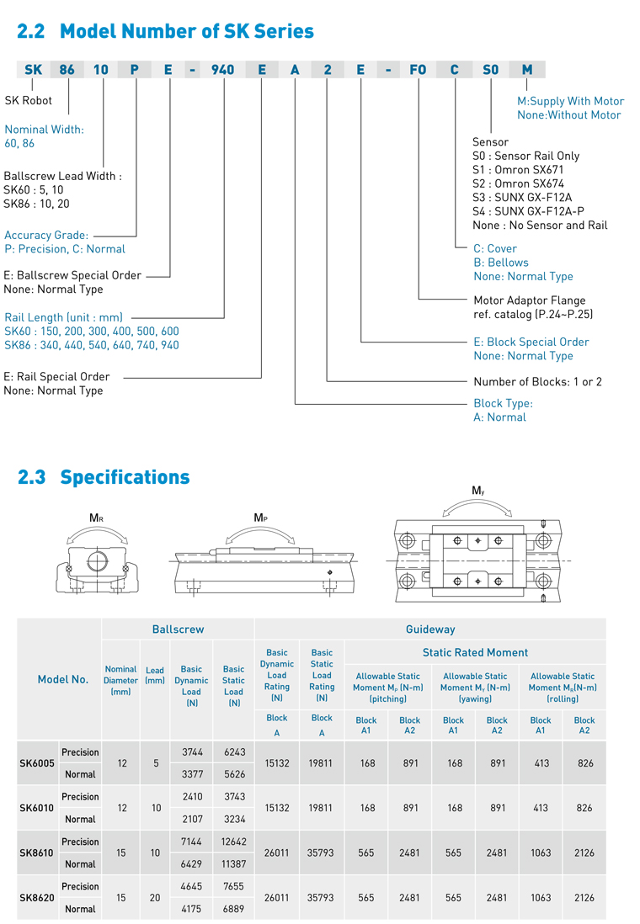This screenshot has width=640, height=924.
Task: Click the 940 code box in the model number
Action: click(223, 70)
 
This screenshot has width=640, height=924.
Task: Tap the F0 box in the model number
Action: click(418, 70)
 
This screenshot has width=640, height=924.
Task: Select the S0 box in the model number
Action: click(490, 70)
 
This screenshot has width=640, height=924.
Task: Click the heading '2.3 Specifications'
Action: click(104, 477)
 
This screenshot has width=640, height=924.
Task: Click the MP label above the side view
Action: click(261, 518)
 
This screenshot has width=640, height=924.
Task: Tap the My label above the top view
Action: click(477, 490)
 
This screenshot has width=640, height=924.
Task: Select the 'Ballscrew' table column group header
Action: click(178, 629)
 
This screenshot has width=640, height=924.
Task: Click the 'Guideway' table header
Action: click(429, 629)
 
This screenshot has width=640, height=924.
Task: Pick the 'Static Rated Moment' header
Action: click(475, 652)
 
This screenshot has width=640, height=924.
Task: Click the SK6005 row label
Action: click(36, 763)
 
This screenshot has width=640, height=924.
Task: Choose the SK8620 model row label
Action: click(36, 898)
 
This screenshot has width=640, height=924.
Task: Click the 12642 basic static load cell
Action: click(233, 842)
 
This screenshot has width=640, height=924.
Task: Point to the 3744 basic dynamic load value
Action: click(191, 752)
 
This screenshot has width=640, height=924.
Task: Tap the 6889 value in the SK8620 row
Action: click(233, 909)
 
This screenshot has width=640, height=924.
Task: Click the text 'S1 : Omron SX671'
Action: click(519, 169)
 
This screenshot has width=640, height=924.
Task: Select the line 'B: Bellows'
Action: click(500, 263)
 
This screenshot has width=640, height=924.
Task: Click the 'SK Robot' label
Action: click(29, 100)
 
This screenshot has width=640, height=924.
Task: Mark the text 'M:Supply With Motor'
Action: click(570, 101)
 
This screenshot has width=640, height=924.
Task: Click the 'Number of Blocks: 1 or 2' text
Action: click(537, 381)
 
